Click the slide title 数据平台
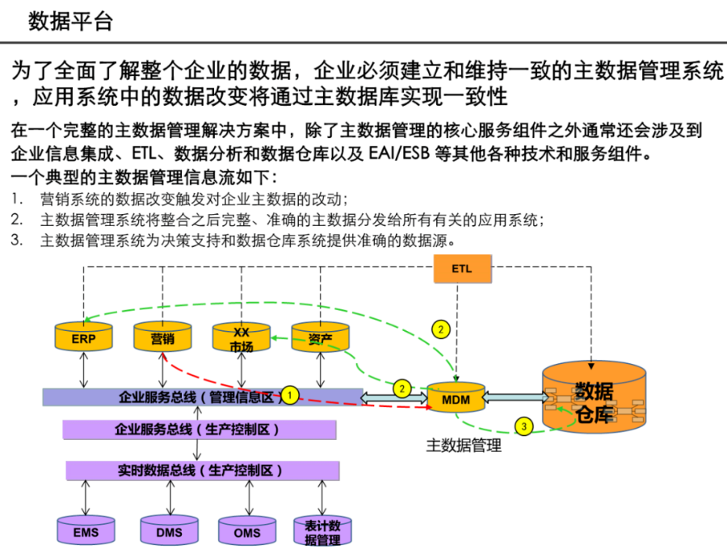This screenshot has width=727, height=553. [x=70, y=22]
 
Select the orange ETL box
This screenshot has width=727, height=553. [x=463, y=269]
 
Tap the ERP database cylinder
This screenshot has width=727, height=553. [x=83, y=337]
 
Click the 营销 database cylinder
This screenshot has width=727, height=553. [x=162, y=337]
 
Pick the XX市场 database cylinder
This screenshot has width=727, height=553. [x=242, y=338]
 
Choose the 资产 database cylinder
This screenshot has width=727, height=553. [x=321, y=337]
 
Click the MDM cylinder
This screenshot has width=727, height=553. [x=456, y=397]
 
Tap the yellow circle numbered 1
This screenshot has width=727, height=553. [x=292, y=395]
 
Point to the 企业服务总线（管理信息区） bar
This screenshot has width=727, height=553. [x=202, y=397]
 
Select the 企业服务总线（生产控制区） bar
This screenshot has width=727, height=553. [x=199, y=429]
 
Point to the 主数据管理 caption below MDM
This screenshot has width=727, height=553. [x=464, y=445]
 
